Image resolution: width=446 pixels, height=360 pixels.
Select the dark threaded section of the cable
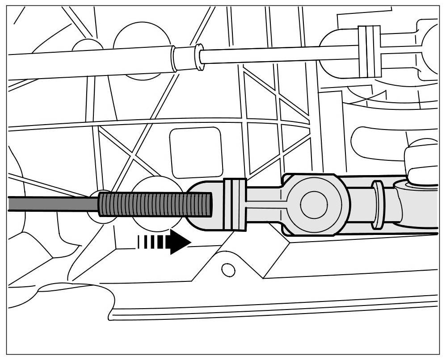click(154, 205)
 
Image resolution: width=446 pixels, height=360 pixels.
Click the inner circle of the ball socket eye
click(313, 205)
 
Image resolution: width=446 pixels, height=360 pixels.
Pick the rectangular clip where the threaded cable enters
click(235, 205)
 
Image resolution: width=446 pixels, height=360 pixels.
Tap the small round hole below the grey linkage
click(228, 269)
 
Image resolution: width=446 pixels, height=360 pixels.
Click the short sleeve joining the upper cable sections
click(184, 59)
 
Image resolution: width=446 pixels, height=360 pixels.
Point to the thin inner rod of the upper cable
click(277, 54)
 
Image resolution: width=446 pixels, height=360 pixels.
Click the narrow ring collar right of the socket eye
click(378, 205)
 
